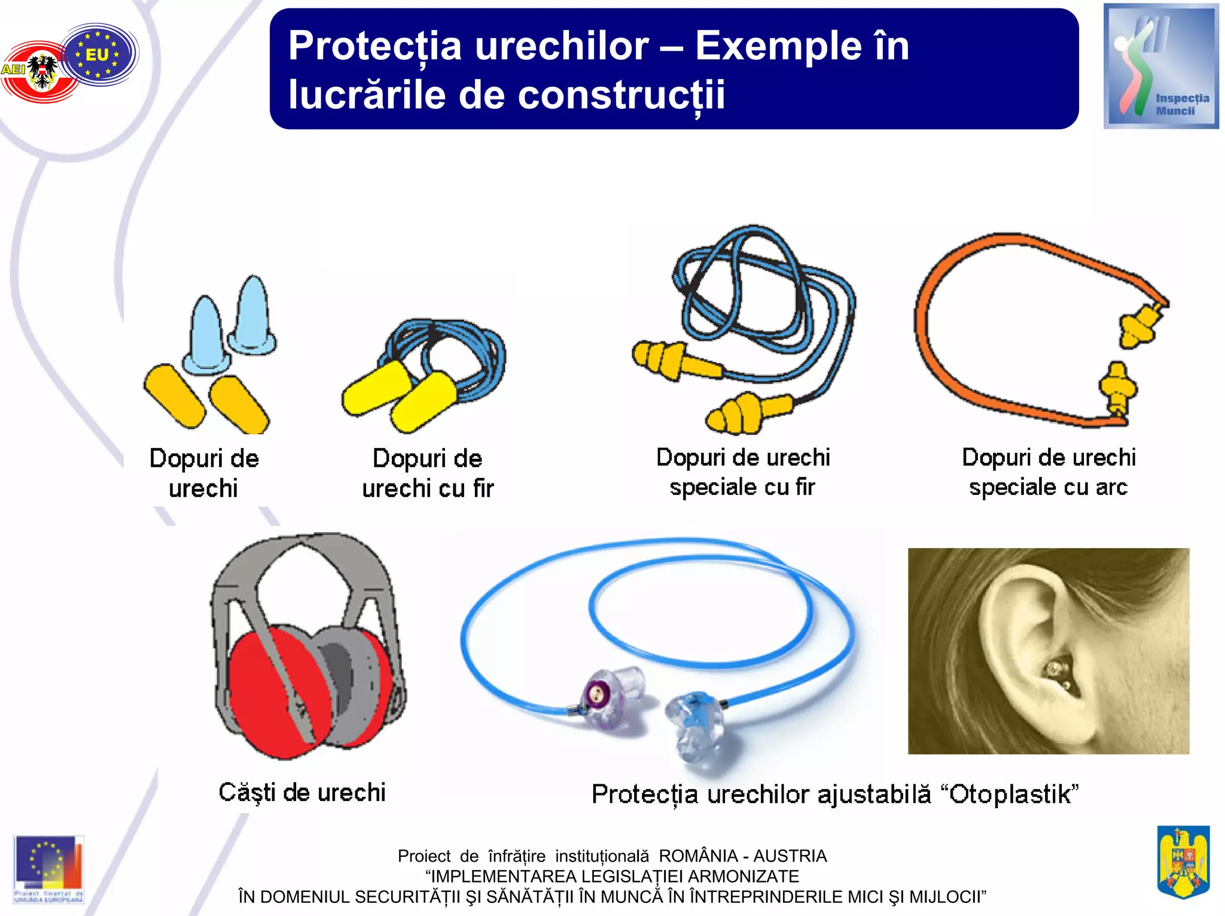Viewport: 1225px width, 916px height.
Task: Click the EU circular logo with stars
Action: pos(99,54)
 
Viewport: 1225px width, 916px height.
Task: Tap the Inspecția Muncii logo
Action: pos(1160,66)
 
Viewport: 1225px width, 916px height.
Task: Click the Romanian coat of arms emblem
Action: pos(1183,862)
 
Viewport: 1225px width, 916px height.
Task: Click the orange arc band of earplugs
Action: pos(933,359)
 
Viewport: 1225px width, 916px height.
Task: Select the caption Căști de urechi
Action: pos(302,793)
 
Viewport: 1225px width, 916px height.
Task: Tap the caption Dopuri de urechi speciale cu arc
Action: pos(1048,473)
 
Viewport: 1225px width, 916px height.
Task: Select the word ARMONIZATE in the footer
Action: pos(743,877)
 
